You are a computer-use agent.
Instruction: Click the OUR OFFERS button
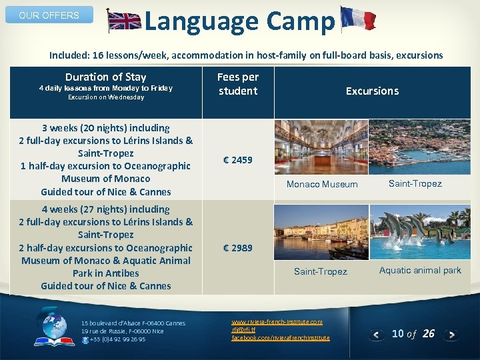tap(49, 15)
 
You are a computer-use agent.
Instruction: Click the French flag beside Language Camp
tap(357, 19)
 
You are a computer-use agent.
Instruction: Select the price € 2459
tap(237, 160)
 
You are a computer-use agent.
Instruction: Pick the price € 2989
tap(237, 248)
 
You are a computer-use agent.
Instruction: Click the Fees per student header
tap(237, 84)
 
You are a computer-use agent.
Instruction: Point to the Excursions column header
tap(372, 91)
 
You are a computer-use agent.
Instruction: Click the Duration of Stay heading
tap(105, 77)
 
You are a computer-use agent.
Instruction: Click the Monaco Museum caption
tap(322, 184)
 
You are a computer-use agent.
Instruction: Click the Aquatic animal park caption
tap(420, 270)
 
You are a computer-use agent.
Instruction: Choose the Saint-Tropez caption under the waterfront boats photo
tap(321, 271)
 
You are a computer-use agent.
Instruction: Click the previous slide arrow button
tap(377, 334)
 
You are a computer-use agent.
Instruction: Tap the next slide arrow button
tap(451, 334)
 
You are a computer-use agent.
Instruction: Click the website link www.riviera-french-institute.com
tap(277, 322)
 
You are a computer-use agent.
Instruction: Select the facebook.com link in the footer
tap(280, 338)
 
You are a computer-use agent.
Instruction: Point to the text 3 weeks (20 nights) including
tap(105, 127)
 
